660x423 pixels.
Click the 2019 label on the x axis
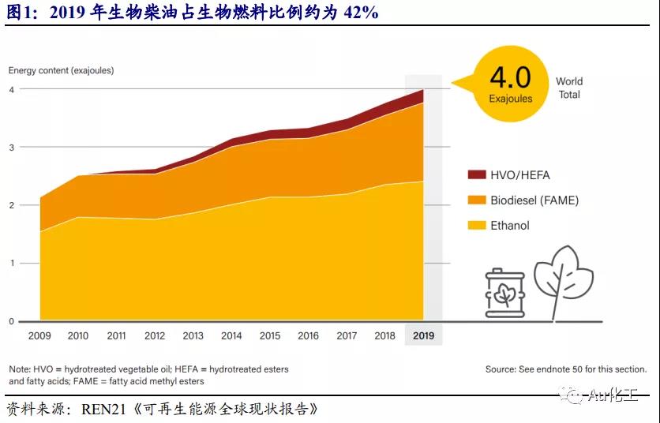pyautogui.click(x=423, y=335)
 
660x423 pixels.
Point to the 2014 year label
pyautogui.click(x=231, y=335)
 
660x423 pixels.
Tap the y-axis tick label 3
pyautogui.click(x=12, y=148)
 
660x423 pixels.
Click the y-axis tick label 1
pyautogui.click(x=12, y=264)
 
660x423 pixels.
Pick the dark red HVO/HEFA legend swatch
pyautogui.click(x=476, y=174)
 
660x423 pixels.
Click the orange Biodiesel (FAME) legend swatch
pyautogui.click(x=476, y=200)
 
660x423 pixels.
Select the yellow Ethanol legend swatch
pyautogui.click(x=476, y=226)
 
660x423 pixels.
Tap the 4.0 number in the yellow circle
pyautogui.click(x=510, y=77)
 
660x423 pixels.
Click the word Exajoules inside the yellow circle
pyautogui.click(x=511, y=99)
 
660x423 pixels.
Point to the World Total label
pyautogui.click(x=569, y=88)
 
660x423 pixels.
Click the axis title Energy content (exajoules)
pyautogui.click(x=61, y=70)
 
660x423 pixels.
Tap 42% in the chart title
pyautogui.click(x=361, y=12)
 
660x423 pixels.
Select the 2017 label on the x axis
pyautogui.click(x=347, y=335)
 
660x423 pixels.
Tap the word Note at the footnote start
pyautogui.click(x=19, y=369)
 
